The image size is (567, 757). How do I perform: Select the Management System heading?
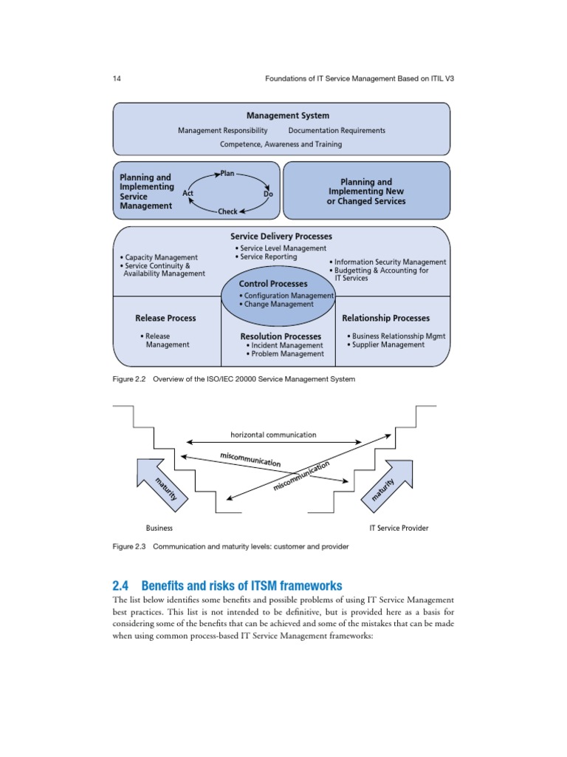[288, 115]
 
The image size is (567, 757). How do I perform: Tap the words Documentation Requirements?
[337, 130]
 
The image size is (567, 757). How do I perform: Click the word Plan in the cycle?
[227, 173]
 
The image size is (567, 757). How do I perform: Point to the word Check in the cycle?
[227, 211]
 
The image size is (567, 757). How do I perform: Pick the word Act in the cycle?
[188, 193]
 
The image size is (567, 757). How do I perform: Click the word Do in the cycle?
[268, 194]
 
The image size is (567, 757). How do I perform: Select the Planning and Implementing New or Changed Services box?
[366, 191]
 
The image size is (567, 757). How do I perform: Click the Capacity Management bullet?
[159, 257]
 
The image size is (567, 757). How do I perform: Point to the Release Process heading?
[165, 318]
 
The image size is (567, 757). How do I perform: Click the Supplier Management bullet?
[387, 344]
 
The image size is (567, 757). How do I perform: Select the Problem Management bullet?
[286, 354]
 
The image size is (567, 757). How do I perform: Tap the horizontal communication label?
[273, 435]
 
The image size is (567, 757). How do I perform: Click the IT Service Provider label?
[398, 528]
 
